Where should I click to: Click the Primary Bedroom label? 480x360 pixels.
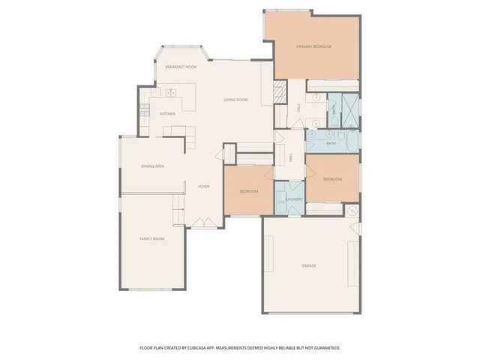(x=313, y=46)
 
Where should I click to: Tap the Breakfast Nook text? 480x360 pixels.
(x=181, y=67)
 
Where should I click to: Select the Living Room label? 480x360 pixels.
(x=235, y=100)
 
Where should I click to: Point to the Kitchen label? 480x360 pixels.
(x=167, y=114)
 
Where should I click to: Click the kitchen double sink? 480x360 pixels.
(x=170, y=93)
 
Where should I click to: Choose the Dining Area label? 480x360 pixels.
(x=153, y=166)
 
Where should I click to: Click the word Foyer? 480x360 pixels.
(x=203, y=186)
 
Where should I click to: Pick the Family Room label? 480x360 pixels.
(x=152, y=238)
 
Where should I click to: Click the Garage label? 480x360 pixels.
(x=308, y=265)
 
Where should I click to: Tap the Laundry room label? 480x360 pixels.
(x=293, y=199)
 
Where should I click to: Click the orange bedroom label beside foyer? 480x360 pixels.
(x=248, y=191)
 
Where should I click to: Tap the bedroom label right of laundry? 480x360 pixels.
(x=332, y=179)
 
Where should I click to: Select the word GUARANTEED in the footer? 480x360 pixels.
(x=323, y=348)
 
